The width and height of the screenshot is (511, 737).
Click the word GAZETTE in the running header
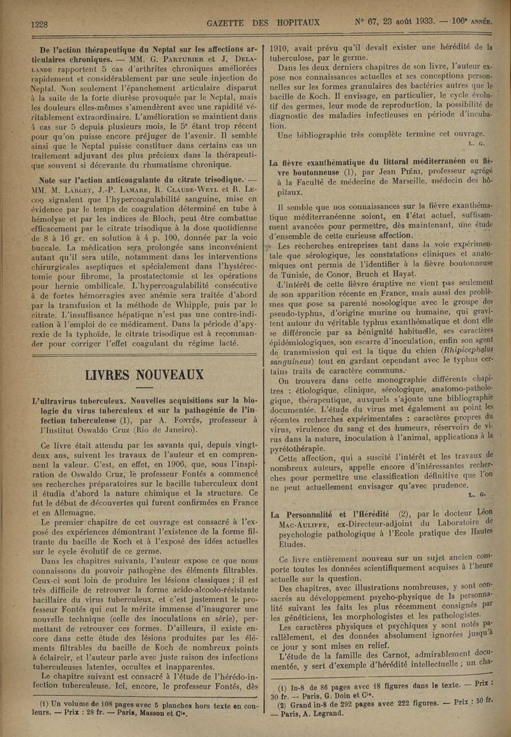(x=229, y=24)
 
